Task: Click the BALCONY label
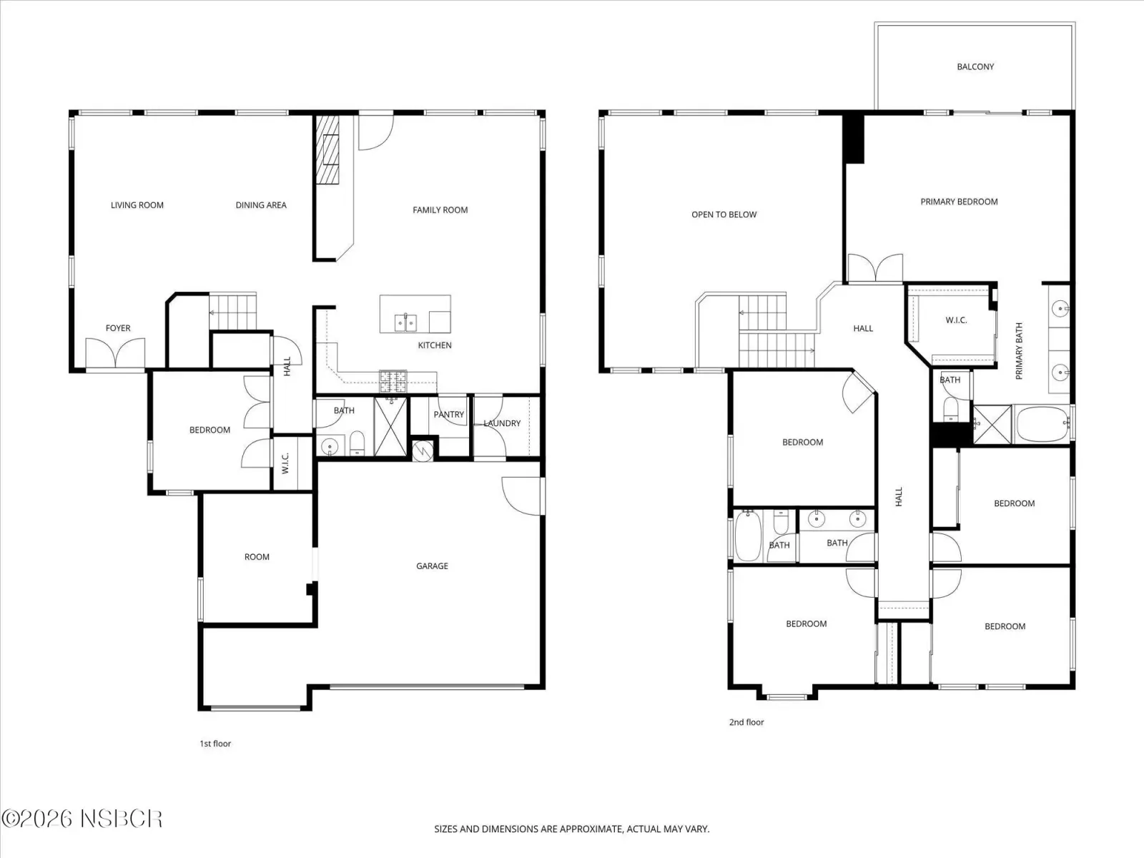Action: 975,66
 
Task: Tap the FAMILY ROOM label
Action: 440,210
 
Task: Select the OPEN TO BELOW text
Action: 724,214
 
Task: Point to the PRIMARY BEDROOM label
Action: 959,202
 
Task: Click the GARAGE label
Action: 432,566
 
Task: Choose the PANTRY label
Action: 449,415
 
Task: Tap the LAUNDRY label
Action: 502,423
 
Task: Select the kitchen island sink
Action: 405,322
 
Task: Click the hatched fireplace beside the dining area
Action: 327,150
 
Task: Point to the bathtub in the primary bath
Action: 1043,424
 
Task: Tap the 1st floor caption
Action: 215,744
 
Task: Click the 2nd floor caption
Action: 746,722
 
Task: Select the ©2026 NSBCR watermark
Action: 82,819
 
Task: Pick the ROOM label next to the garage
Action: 257,557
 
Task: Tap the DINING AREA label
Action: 261,205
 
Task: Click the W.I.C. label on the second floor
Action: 957,320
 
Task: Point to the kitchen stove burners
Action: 393,381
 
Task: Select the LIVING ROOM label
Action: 137,205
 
